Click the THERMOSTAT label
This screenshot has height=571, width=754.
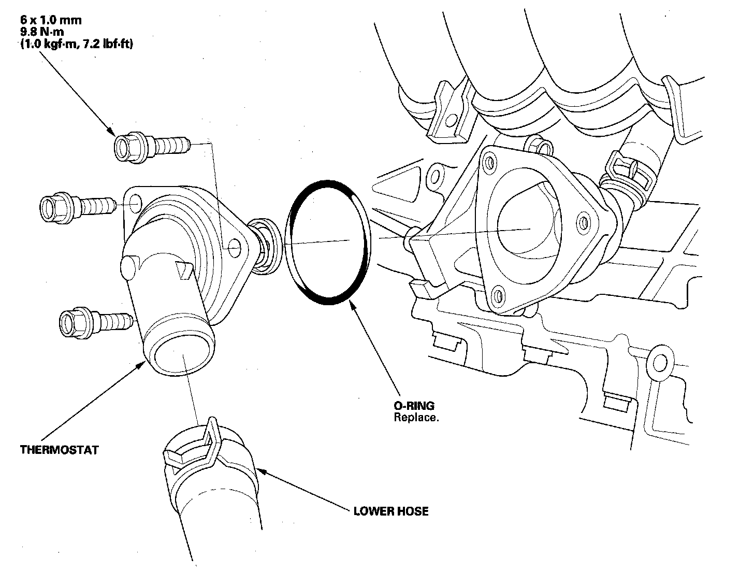59,449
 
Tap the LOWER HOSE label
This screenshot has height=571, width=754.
391,511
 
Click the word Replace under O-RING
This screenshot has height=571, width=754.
416,417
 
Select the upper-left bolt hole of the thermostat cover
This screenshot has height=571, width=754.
134,202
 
